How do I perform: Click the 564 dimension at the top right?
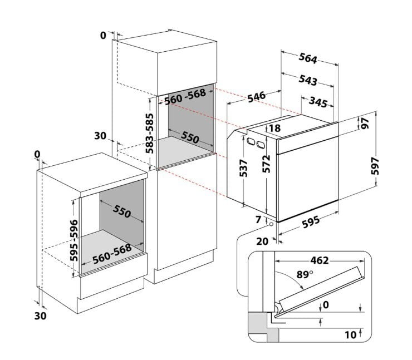308,58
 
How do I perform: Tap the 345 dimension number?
317,102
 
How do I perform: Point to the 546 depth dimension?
256,96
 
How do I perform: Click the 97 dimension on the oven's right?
366,124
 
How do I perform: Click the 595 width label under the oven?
310,222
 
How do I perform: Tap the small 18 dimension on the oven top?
274,129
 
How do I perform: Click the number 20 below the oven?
263,241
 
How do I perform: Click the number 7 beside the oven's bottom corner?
258,220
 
